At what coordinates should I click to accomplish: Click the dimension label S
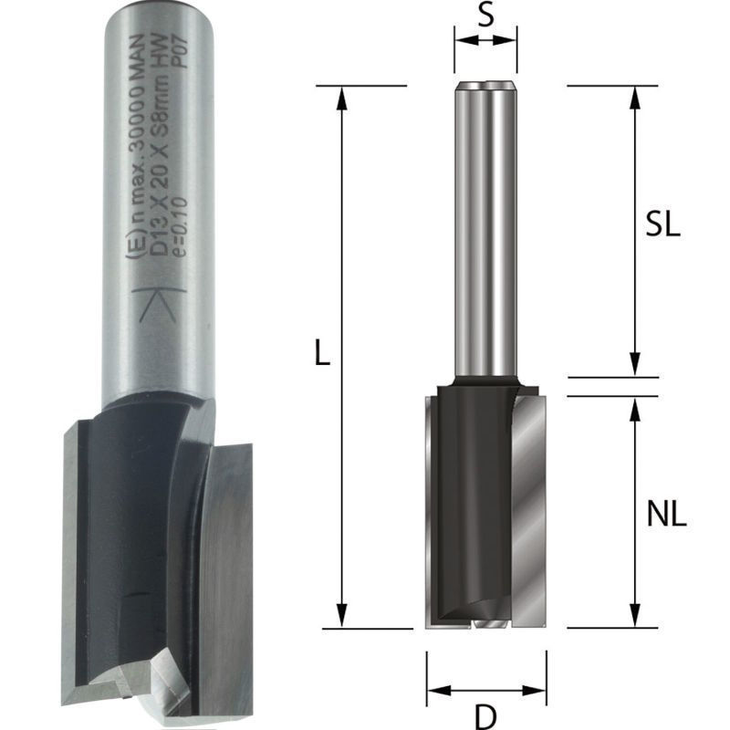tap(485, 16)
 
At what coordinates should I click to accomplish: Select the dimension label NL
tap(667, 515)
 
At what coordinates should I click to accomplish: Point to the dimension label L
tap(322, 352)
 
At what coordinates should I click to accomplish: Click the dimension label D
tap(486, 717)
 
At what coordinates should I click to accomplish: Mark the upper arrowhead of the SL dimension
tap(634, 98)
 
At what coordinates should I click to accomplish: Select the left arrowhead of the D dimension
tap(439, 690)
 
